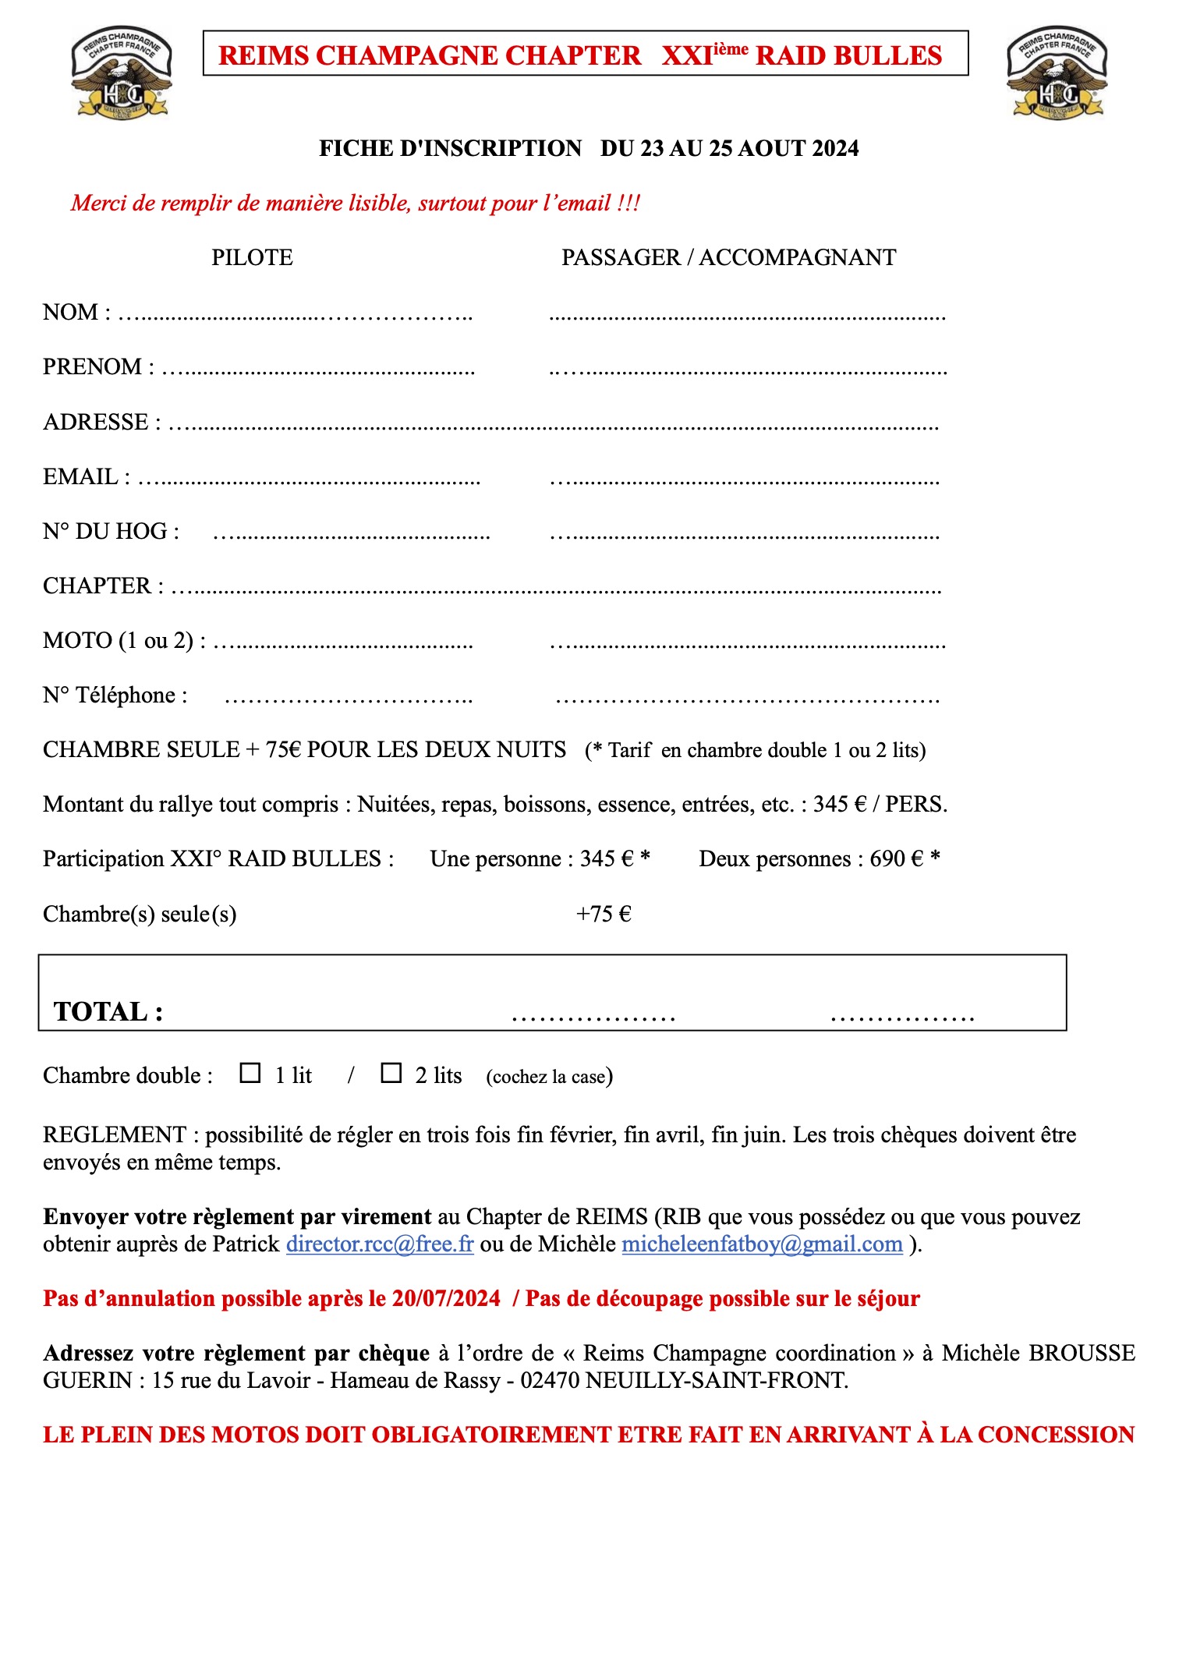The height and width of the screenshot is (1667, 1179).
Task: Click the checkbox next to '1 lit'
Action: click(x=250, y=1073)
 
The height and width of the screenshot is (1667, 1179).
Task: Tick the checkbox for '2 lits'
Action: click(x=391, y=1073)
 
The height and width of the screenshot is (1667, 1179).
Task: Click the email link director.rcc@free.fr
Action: click(x=380, y=1244)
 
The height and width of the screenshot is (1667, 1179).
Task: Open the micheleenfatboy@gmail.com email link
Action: click(x=762, y=1244)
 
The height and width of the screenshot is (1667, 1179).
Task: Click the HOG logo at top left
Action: click(x=122, y=73)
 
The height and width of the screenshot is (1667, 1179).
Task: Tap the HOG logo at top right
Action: click(x=1057, y=73)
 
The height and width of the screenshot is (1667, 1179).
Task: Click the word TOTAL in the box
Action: click(x=102, y=1011)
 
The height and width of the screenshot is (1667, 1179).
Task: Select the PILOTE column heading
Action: click(x=252, y=257)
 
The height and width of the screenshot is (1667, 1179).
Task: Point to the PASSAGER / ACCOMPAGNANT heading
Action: click(x=728, y=257)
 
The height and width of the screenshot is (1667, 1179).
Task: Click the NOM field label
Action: click(x=71, y=312)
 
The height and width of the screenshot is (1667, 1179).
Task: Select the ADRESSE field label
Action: click(x=96, y=422)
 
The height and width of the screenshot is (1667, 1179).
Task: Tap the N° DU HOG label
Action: click(x=111, y=531)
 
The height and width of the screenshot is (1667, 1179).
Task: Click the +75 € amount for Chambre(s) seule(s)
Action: click(x=604, y=914)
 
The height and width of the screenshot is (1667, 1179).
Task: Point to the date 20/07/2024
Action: click(x=446, y=1298)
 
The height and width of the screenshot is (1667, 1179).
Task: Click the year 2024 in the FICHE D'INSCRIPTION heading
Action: click(x=834, y=148)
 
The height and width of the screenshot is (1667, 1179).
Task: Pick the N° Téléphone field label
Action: click(x=115, y=695)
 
